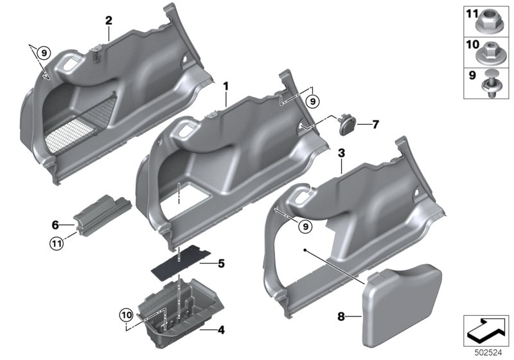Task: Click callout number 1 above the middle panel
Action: tap(226, 85)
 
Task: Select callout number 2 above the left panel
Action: tap(109, 21)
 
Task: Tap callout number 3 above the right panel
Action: tap(342, 152)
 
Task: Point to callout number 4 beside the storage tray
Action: tap(221, 330)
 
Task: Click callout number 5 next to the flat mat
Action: tap(221, 262)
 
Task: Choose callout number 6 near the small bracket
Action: tap(55, 224)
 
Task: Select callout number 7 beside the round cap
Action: tap(376, 123)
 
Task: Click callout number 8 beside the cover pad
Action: tap(341, 316)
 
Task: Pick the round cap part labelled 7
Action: tap(346, 123)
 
